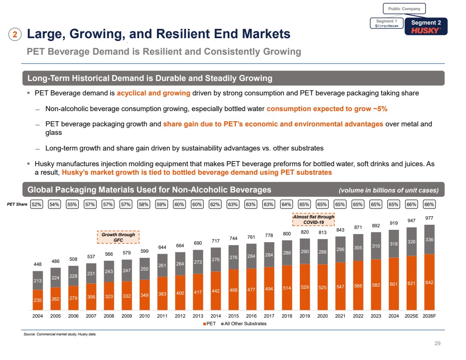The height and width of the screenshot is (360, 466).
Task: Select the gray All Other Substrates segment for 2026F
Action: pyautogui.click(x=430, y=239)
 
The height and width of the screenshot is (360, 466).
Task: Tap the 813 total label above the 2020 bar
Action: pyautogui.click(x=323, y=232)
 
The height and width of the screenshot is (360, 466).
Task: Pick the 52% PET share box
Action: pyautogui.click(x=37, y=204)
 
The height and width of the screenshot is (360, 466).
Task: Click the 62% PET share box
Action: pyautogui.click(x=216, y=204)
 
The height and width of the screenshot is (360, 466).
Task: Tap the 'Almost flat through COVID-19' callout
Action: pyautogui.click(x=313, y=220)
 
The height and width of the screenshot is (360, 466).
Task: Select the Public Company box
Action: pyautogui.click(x=405, y=8)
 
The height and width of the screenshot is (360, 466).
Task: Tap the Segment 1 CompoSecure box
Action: pyautogui.click(x=387, y=24)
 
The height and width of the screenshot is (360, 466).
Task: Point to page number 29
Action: pyautogui.click(x=438, y=343)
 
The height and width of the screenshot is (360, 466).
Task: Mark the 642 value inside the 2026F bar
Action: pyautogui.click(x=430, y=282)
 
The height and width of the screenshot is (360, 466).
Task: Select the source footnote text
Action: pyautogui.click(x=60, y=335)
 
